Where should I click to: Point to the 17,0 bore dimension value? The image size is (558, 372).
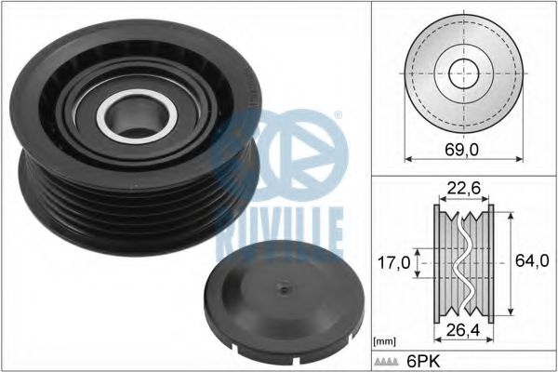coord(393,263)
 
